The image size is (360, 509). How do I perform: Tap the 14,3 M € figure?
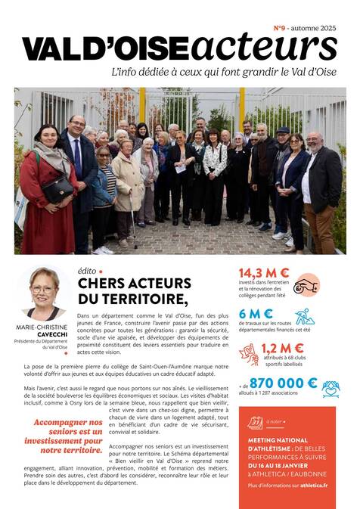[x=264, y=273]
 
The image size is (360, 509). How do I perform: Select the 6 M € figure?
[x=256, y=313]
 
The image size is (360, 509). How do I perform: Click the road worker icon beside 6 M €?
[x=305, y=316]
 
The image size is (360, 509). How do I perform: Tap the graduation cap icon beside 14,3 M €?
[x=306, y=285]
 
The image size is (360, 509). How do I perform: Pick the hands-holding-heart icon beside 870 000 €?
[x=331, y=388]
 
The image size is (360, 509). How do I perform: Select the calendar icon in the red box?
[x=255, y=422]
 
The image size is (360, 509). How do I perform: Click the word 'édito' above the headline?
[x=86, y=269]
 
